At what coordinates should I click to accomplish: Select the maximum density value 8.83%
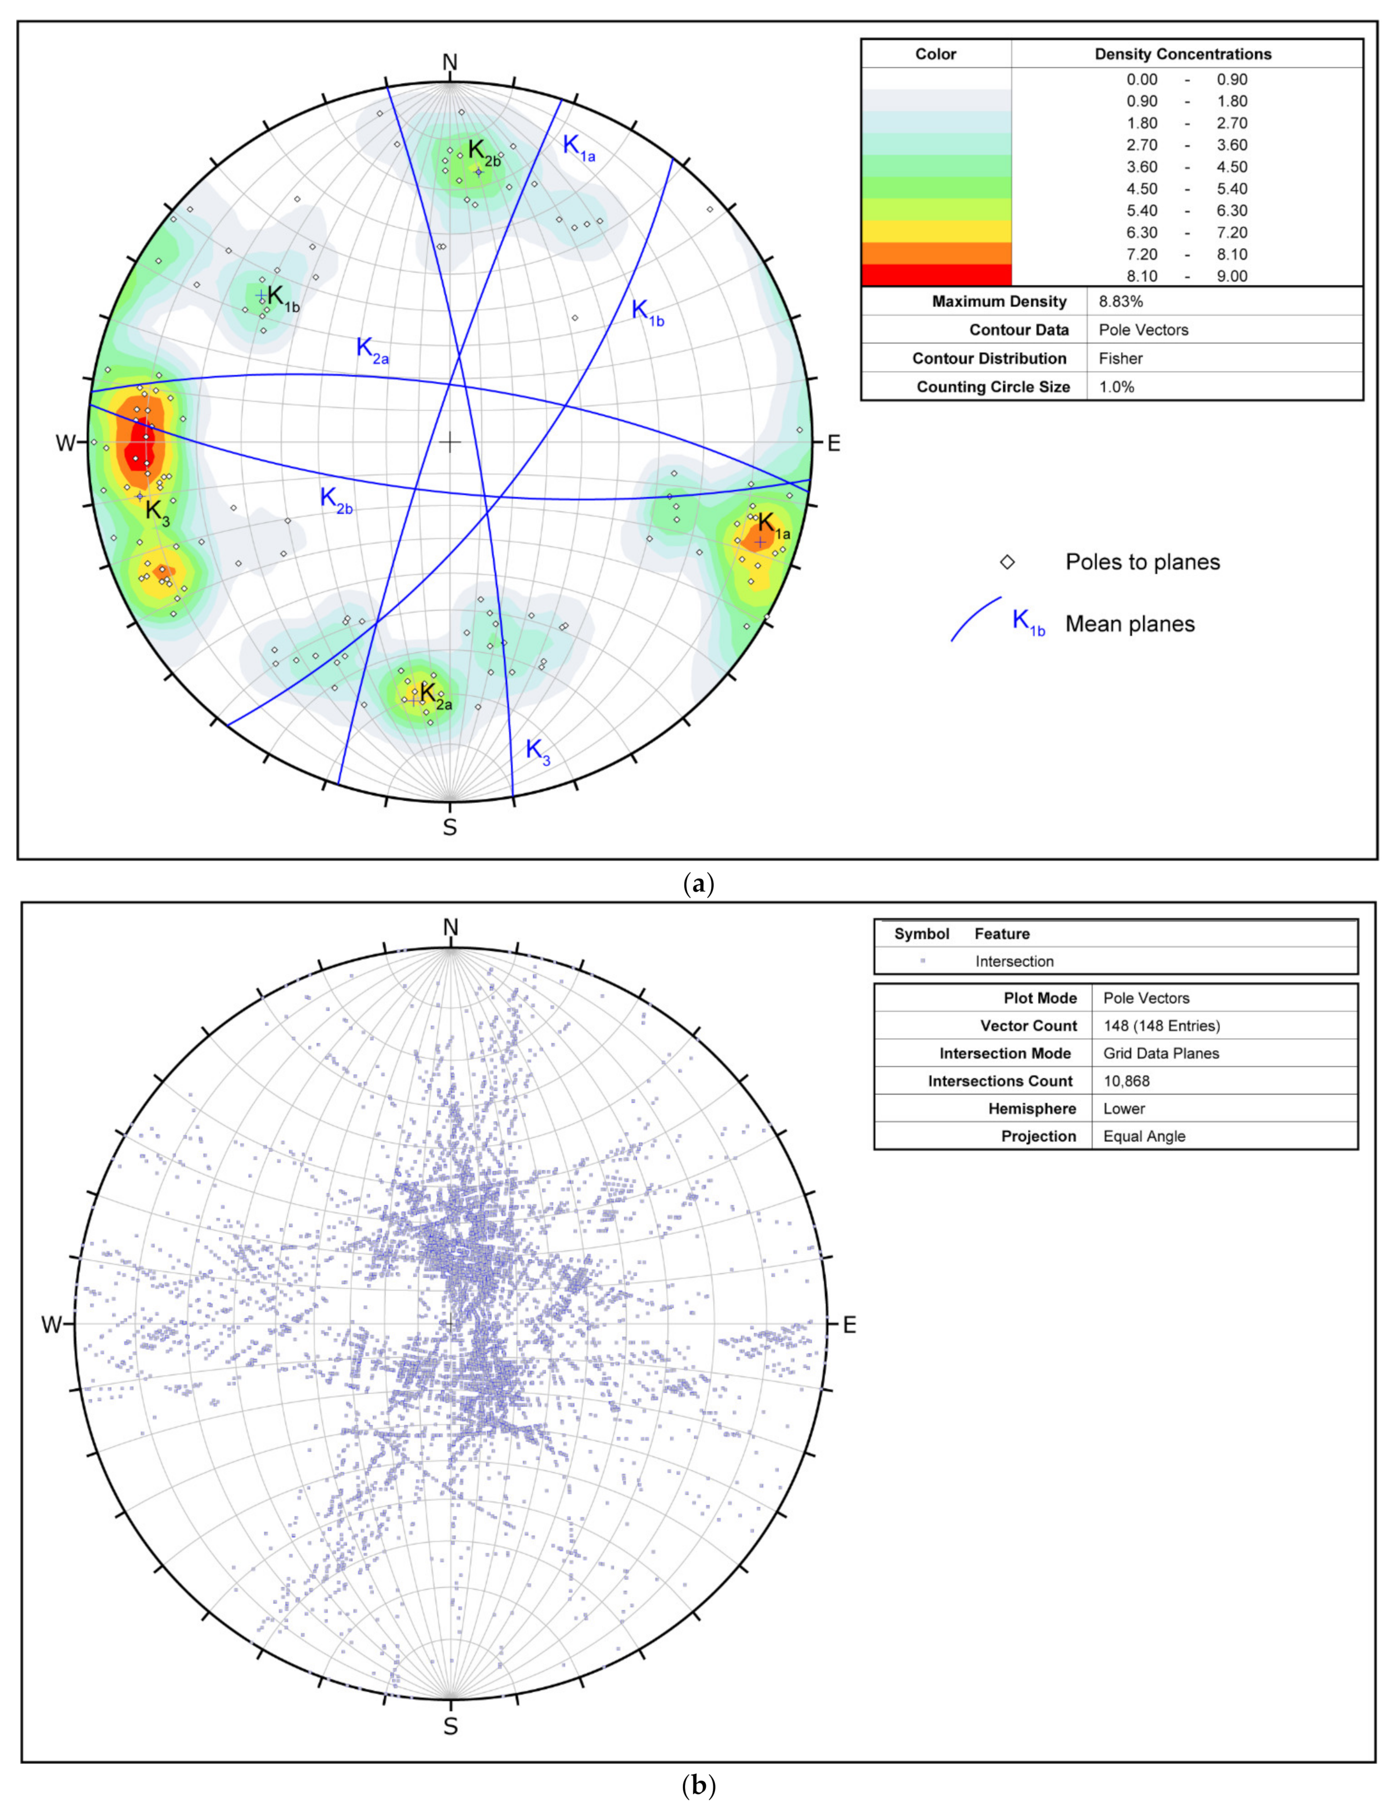[x=1121, y=301]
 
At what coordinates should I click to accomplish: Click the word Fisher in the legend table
[x=1121, y=359]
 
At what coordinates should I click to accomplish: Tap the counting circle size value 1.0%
[x=1117, y=387]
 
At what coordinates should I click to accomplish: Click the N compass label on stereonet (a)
[x=449, y=62]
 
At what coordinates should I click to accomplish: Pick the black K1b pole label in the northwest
[x=282, y=297]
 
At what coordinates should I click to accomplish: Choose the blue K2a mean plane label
[x=372, y=349]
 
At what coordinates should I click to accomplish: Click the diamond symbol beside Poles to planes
[x=1007, y=562]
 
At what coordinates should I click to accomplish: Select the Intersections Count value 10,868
[x=1127, y=1081]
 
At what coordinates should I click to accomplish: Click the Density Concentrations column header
[x=1182, y=54]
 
